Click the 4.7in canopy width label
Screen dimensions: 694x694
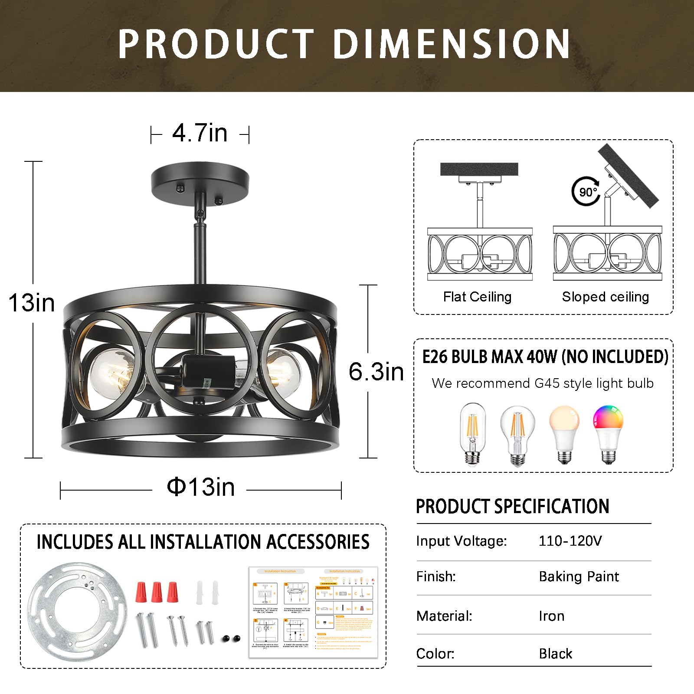[200, 133]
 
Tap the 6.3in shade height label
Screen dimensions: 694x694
[376, 372]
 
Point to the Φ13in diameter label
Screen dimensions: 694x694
[201, 487]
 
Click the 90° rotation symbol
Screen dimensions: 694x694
[586, 191]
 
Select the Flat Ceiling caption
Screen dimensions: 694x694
[477, 297]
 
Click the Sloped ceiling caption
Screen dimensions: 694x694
[605, 297]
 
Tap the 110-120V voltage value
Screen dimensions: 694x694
[570, 541]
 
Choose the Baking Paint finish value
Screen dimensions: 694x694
[579, 576]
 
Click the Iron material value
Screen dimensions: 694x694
[551, 616]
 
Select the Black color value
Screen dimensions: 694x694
[555, 654]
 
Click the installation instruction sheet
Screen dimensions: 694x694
[313, 612]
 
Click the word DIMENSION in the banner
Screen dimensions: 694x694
[451, 44]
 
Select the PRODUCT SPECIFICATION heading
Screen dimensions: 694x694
[512, 506]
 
